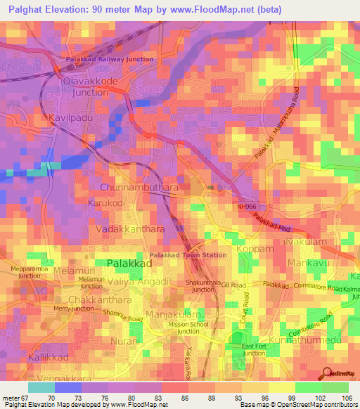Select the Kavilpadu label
coord(71,117)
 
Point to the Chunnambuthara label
coord(139,188)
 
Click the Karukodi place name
coord(107,202)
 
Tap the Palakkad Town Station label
coord(188,255)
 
